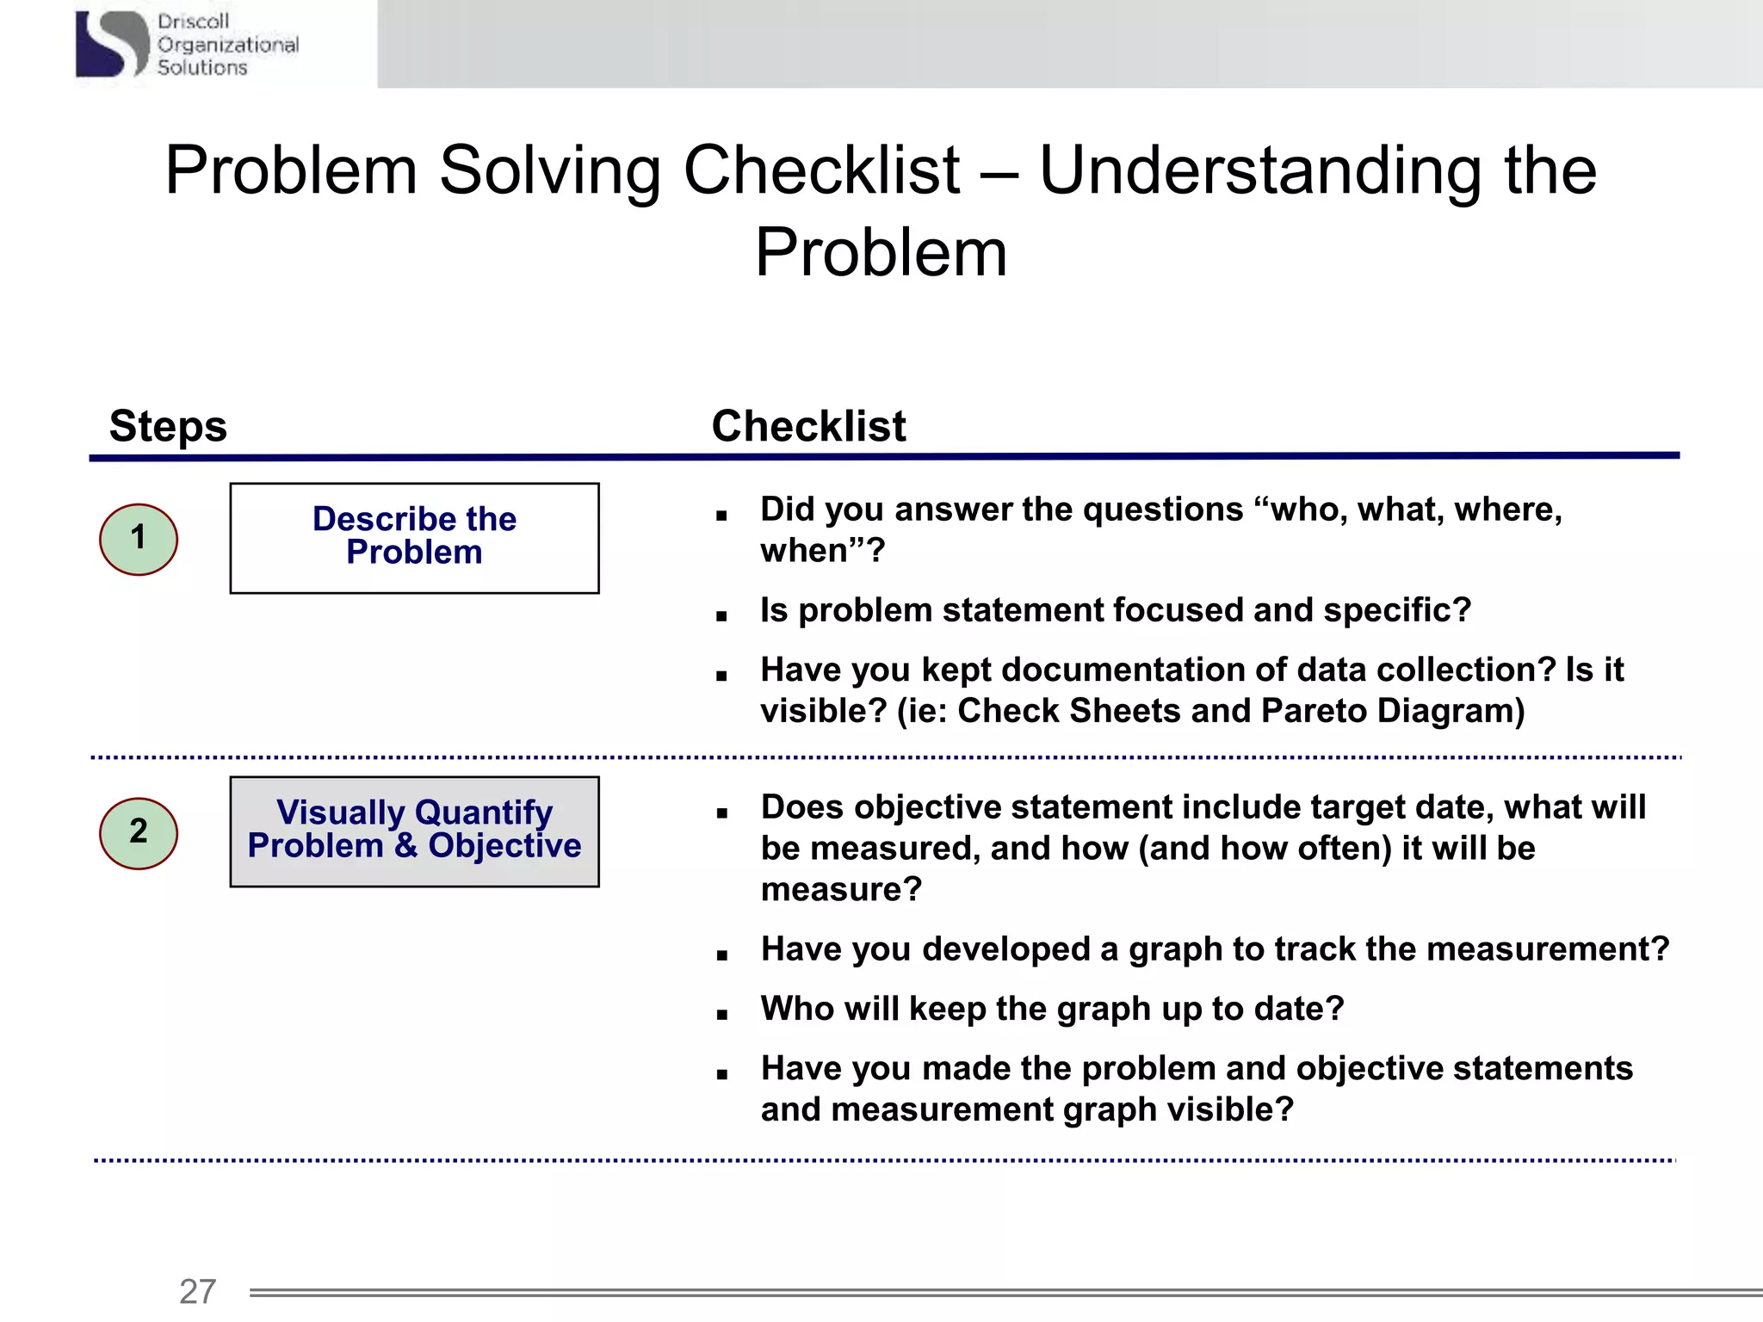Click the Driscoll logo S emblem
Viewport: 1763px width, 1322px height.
[x=113, y=43]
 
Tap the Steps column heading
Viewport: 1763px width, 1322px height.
[x=168, y=426]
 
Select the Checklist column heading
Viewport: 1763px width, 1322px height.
[x=808, y=426]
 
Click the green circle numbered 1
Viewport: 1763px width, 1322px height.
[x=139, y=539]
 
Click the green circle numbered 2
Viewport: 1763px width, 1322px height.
[x=139, y=833]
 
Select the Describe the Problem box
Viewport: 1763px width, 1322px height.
[x=414, y=538]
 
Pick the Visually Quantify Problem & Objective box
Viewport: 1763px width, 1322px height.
[x=414, y=831]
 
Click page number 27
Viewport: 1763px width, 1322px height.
[x=197, y=1291]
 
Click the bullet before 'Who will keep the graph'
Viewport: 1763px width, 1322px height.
[x=721, y=1015]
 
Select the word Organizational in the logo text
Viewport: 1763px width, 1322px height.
[x=228, y=45]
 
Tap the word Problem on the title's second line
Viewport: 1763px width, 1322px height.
[x=881, y=253]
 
